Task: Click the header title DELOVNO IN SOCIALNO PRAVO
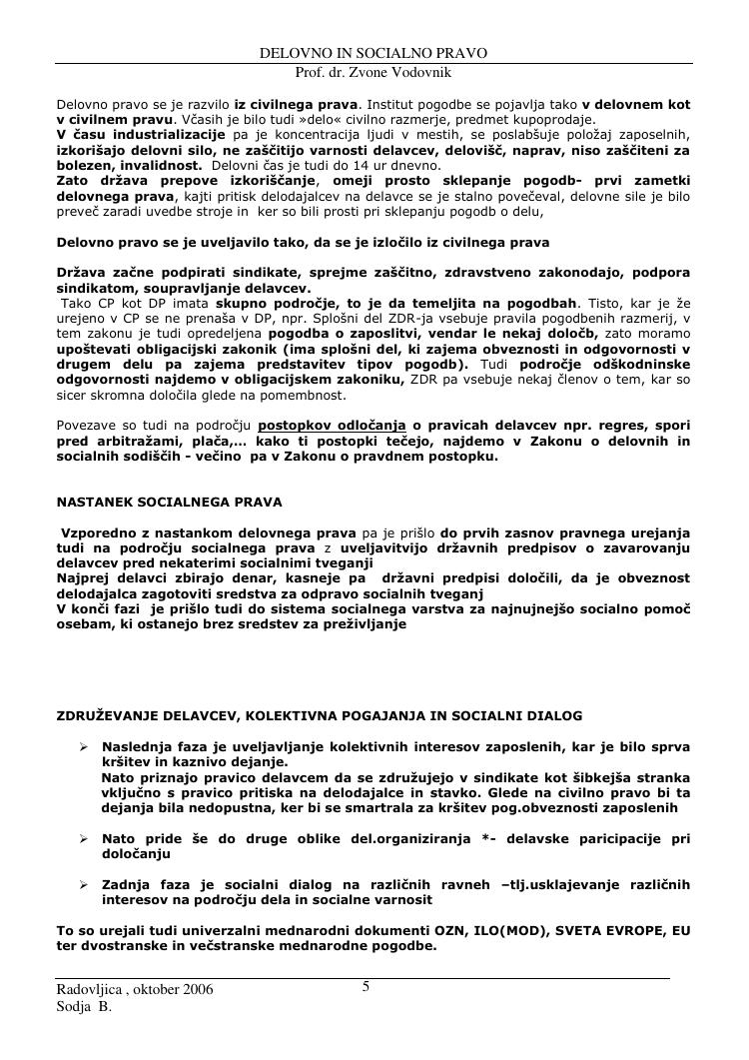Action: tap(374, 52)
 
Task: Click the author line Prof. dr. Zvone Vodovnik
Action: tap(374, 73)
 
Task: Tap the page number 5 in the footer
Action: tap(366, 987)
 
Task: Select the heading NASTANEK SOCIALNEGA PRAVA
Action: tap(169, 502)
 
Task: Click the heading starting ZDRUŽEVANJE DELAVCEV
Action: tap(320, 716)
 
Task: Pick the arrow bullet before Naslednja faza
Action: tap(85, 746)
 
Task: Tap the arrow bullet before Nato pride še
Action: tap(85, 839)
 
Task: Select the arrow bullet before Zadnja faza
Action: tap(85, 885)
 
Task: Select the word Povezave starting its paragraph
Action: tap(89, 426)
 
